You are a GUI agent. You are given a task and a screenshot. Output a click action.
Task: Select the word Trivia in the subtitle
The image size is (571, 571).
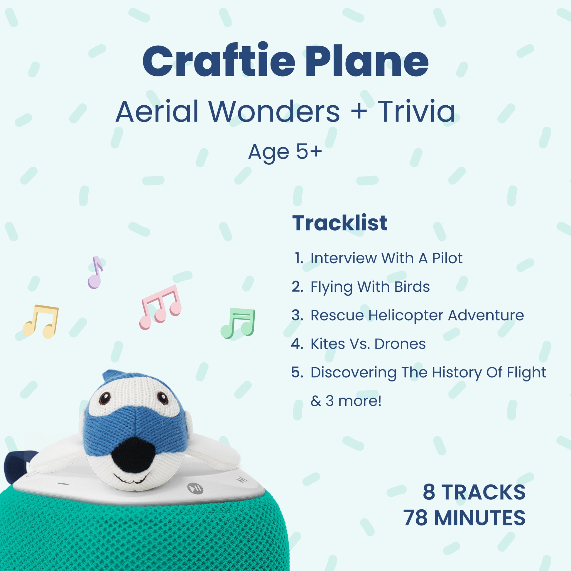click(417, 111)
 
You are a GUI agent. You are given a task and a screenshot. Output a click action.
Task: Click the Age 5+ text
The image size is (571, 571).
click(285, 152)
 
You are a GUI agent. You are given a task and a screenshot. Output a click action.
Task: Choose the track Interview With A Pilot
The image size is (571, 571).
click(386, 258)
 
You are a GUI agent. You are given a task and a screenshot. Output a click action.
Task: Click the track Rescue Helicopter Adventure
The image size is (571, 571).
click(417, 315)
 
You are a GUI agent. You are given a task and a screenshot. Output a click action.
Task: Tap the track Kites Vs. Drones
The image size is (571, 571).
click(368, 344)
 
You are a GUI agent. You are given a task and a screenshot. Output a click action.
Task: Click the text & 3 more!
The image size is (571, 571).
click(346, 401)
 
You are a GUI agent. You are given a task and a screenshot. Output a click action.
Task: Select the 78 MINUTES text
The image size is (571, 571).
click(464, 518)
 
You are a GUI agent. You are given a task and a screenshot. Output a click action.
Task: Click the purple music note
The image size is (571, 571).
click(95, 273)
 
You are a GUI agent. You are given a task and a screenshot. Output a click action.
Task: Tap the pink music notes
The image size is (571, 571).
click(160, 307)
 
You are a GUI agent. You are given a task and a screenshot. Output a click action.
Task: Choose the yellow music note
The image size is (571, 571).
click(41, 322)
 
